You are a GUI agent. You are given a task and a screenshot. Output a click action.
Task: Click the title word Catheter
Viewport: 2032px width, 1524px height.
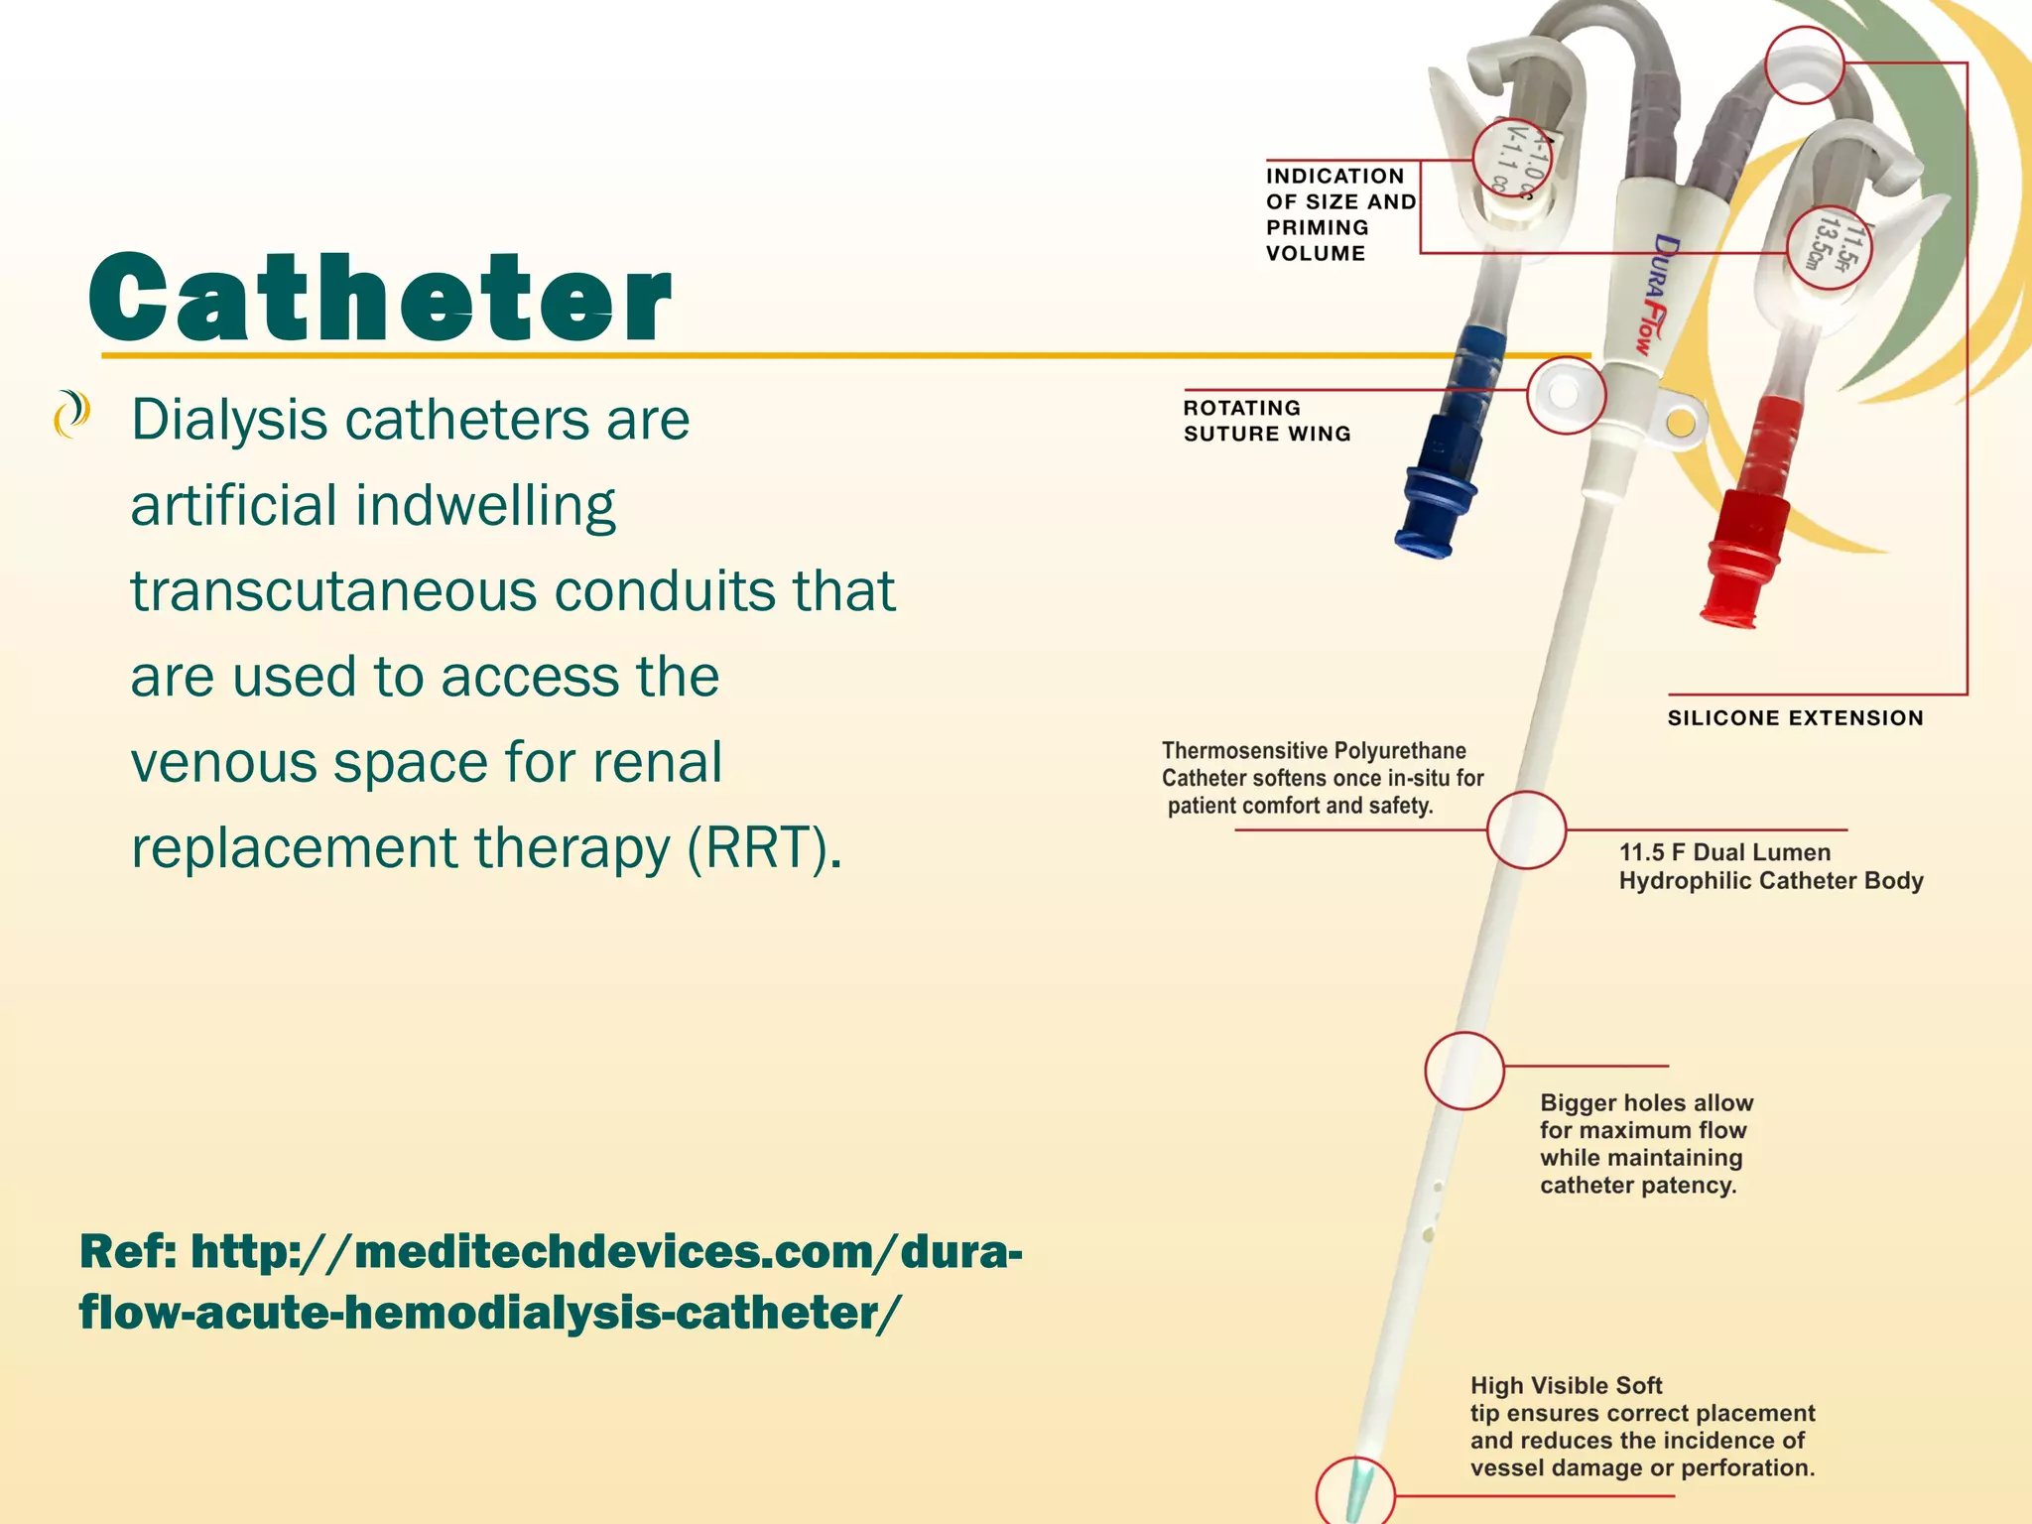[380, 297]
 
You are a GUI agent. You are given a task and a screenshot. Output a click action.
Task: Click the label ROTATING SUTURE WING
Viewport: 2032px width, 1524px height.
[1266, 421]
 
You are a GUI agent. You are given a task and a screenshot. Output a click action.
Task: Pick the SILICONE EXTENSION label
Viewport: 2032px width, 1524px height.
[1795, 718]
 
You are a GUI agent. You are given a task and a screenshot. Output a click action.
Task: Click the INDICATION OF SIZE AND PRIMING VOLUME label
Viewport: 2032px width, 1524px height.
[1339, 214]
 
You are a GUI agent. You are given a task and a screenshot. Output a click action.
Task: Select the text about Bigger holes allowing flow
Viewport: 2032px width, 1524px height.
[1646, 1143]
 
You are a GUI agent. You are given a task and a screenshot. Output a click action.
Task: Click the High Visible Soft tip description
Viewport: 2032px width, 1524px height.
[1642, 1426]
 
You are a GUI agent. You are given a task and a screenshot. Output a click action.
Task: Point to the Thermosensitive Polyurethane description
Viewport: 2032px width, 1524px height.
[1322, 778]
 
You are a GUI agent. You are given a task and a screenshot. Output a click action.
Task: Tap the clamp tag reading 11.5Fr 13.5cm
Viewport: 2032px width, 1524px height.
[1829, 247]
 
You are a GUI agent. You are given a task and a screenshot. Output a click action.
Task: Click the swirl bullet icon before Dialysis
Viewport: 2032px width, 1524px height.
[71, 415]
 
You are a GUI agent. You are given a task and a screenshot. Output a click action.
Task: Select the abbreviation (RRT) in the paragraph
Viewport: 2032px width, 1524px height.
[765, 848]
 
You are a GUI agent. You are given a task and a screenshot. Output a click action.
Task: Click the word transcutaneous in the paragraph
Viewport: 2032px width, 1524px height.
[333, 591]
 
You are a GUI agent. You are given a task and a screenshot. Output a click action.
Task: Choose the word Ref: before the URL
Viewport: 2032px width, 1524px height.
[128, 1251]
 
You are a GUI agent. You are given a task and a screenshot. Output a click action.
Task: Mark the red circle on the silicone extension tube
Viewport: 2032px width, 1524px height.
[1805, 64]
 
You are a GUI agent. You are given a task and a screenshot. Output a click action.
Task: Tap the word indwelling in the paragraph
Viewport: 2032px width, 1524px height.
[485, 506]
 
